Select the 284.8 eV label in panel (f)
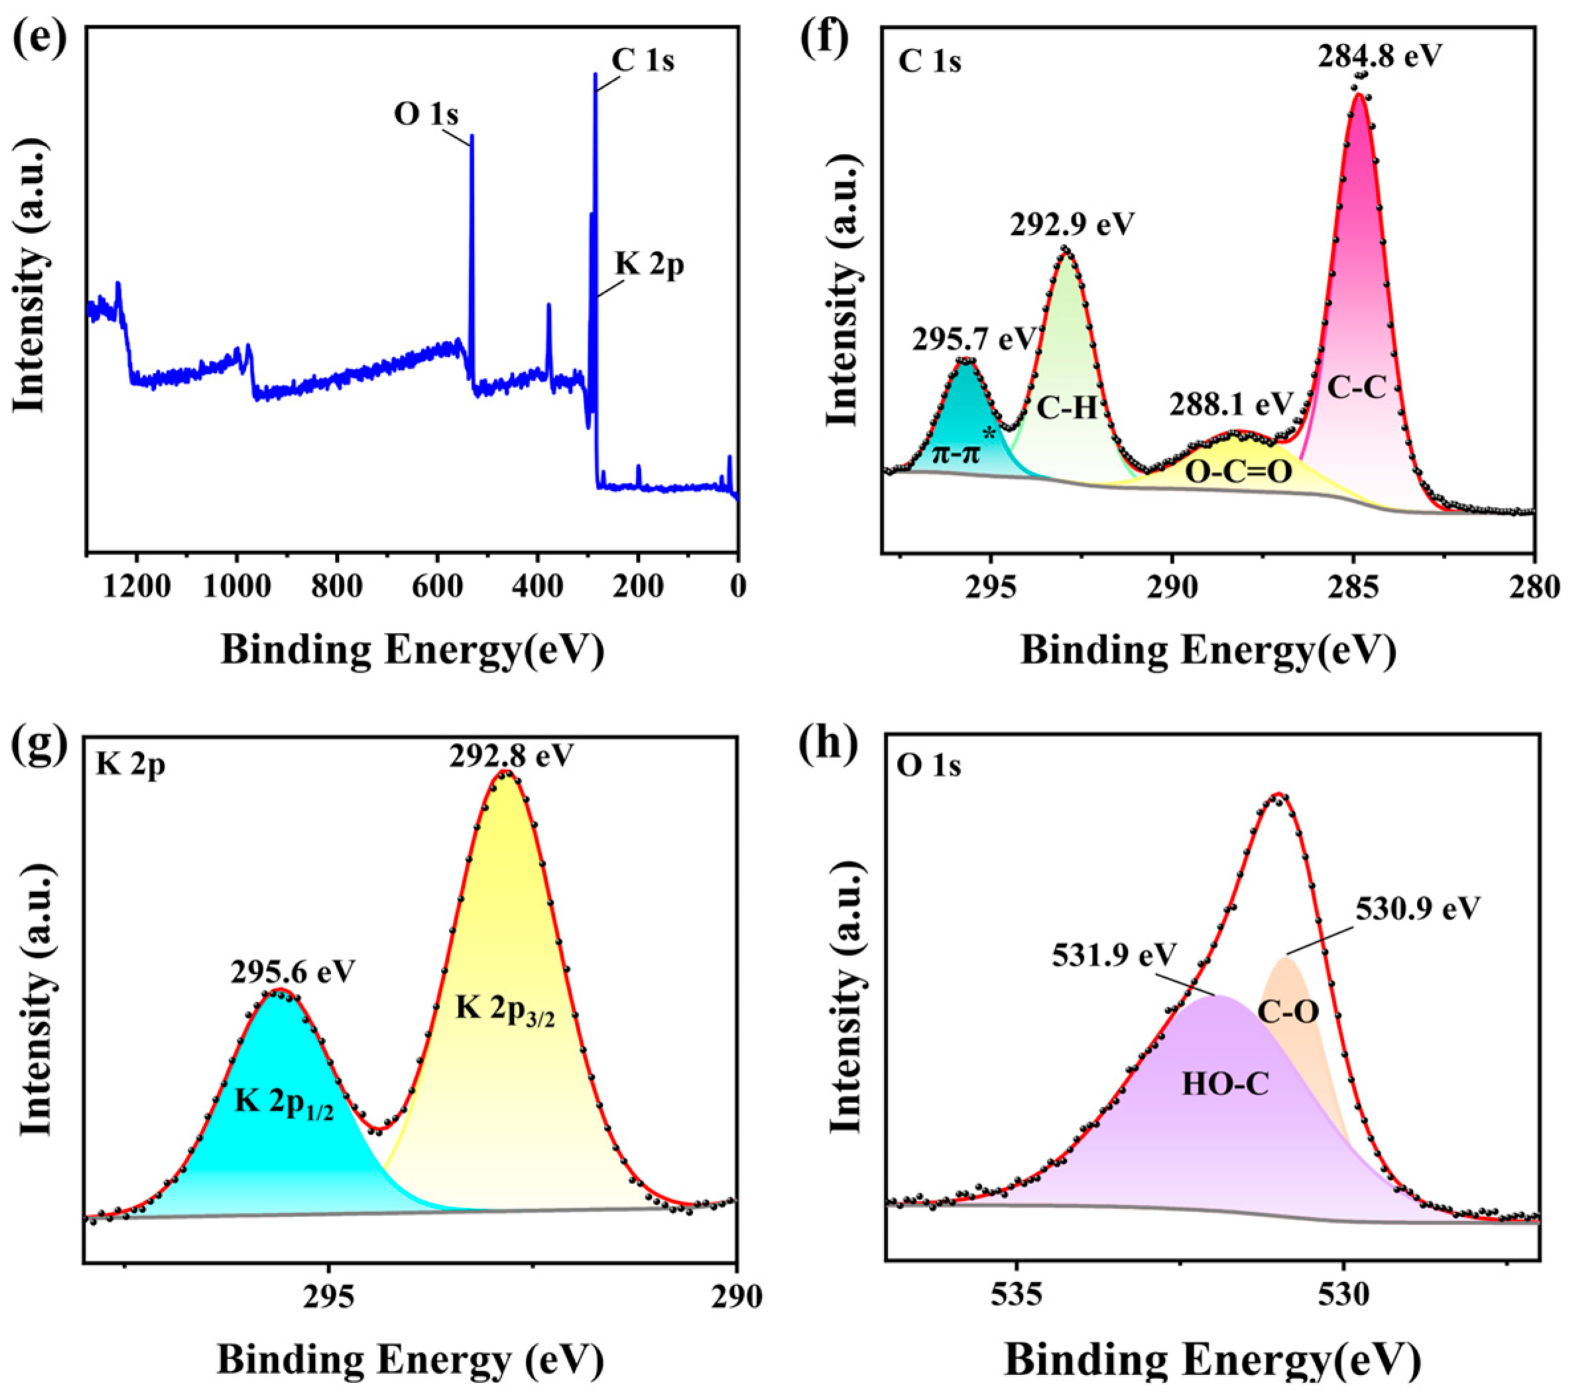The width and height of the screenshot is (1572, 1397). [x=1379, y=55]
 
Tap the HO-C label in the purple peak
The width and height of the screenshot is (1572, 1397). [x=1225, y=1084]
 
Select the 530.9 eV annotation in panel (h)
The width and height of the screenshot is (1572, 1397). [x=1418, y=909]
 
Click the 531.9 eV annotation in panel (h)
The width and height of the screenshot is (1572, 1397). [x=1115, y=955]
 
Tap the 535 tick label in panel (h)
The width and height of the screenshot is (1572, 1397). [x=1016, y=1296]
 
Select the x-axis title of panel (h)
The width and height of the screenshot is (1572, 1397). [x=1213, y=1360]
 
